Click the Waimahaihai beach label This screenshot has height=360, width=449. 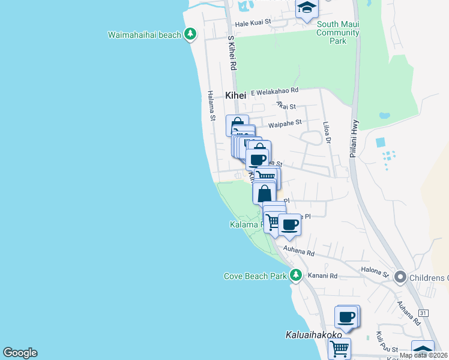coord(144,35)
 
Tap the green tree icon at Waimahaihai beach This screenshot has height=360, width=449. coord(190,34)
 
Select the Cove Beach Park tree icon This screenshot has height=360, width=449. coord(295,275)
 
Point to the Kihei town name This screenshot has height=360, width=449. coord(236,95)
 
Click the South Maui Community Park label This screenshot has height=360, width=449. coord(338,32)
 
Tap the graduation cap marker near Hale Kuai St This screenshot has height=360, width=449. coord(307,8)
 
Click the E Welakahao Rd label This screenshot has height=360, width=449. coord(274,91)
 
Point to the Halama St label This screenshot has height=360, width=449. coord(211,106)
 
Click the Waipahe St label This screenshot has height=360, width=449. coord(285,124)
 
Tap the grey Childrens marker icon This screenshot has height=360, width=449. coord(400,277)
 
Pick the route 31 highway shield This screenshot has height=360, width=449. coord(423,313)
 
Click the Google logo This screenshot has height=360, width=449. coord(20,353)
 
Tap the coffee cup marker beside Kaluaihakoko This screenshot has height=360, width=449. coord(346,316)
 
